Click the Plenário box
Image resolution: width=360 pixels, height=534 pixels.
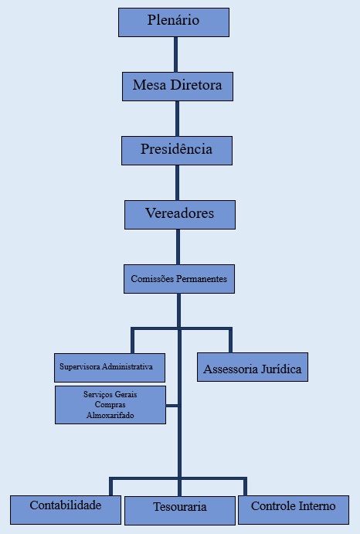[x=174, y=22]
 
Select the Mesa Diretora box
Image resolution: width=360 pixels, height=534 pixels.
[x=178, y=87]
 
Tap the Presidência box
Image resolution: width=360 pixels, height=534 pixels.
[x=177, y=151]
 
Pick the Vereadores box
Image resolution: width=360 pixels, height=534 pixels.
[x=180, y=215]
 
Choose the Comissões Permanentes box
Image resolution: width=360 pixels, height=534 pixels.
[x=179, y=279]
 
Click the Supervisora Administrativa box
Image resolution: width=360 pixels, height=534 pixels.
[x=110, y=368]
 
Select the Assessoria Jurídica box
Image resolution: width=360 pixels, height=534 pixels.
[x=253, y=367]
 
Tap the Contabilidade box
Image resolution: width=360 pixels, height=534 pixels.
[x=66, y=510]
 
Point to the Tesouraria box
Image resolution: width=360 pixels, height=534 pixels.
[x=180, y=511]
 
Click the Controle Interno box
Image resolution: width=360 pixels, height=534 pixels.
[x=294, y=510]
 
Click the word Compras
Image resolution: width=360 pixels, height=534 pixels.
[x=110, y=405]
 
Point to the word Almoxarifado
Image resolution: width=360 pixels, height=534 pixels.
[x=110, y=415]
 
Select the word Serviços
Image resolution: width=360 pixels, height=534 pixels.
[x=96, y=394]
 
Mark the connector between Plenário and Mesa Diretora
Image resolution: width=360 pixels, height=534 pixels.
[x=175, y=55]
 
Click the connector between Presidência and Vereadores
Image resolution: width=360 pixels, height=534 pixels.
[x=177, y=183]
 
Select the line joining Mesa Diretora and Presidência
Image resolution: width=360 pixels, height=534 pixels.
[x=177, y=119]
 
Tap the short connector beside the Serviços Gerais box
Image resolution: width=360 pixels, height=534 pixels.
[x=172, y=406]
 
